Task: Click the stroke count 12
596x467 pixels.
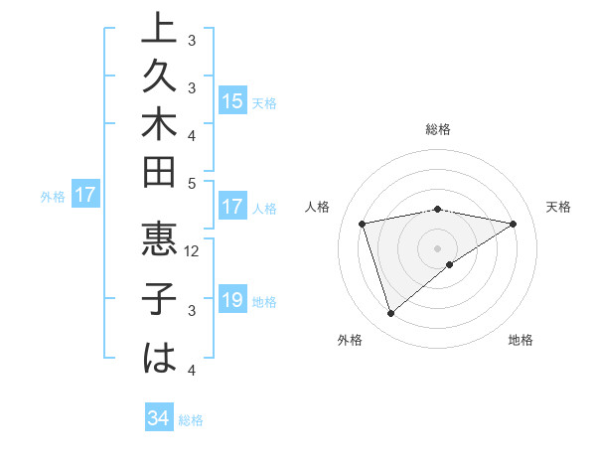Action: tap(193, 251)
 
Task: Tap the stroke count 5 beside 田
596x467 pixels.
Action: tap(192, 184)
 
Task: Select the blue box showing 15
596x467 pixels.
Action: tap(232, 100)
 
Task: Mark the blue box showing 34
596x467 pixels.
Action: tap(158, 419)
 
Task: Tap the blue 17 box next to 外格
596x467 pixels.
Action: tap(85, 196)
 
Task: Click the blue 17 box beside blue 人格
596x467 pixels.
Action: tap(232, 208)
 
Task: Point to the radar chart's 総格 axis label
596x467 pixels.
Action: tap(438, 129)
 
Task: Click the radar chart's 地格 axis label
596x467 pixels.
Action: tap(521, 340)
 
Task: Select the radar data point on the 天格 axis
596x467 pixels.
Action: tap(513, 224)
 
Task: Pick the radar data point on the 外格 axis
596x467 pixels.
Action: tap(390, 313)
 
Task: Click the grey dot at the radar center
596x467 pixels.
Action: tap(438, 247)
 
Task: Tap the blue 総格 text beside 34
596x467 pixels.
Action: tap(191, 420)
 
